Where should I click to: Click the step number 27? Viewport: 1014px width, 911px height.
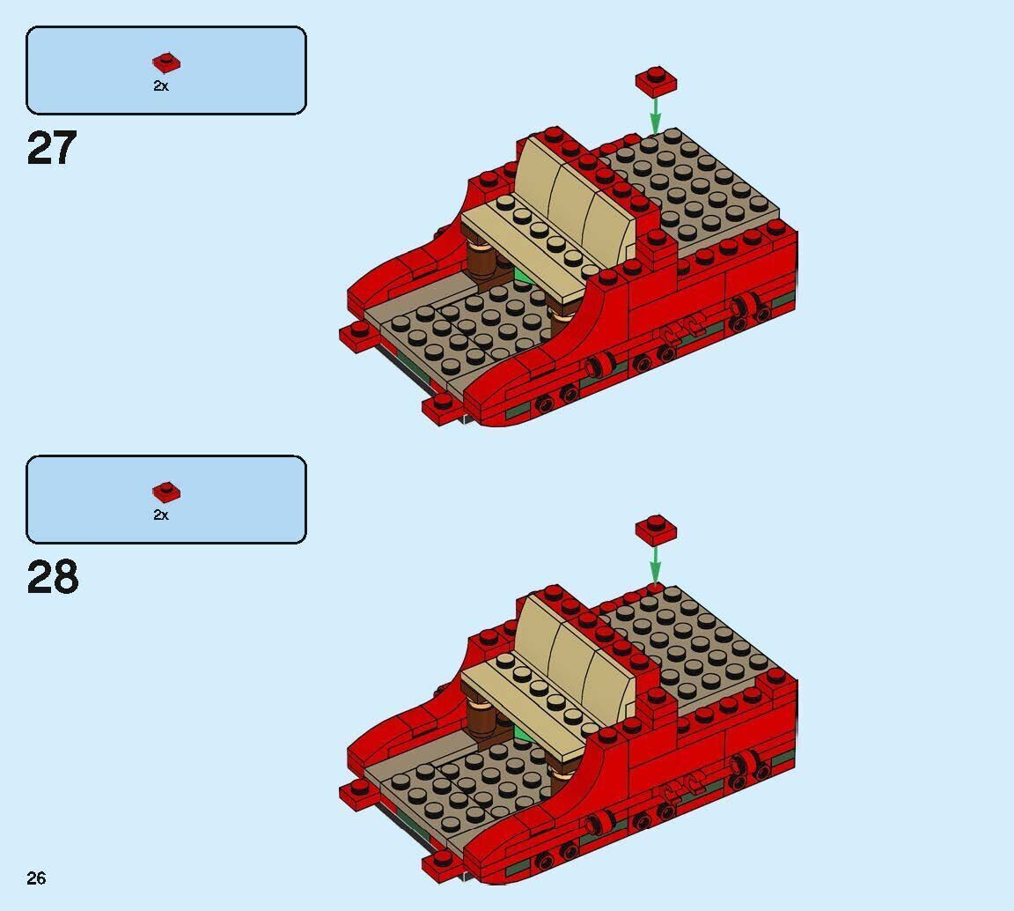coord(52,148)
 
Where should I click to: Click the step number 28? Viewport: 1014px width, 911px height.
coord(52,577)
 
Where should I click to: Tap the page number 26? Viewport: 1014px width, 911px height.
coord(36,878)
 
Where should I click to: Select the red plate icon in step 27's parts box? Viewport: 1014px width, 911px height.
coord(165,63)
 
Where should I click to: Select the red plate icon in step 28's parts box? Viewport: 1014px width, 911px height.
coord(165,492)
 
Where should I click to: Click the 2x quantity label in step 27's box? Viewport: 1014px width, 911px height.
coord(161,86)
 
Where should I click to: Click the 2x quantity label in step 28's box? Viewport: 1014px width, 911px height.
coord(161,515)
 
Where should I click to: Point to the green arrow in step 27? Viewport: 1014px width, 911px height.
coord(655,115)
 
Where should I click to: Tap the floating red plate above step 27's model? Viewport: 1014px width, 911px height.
coord(656,81)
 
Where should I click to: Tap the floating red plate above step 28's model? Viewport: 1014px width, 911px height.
coord(656,529)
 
